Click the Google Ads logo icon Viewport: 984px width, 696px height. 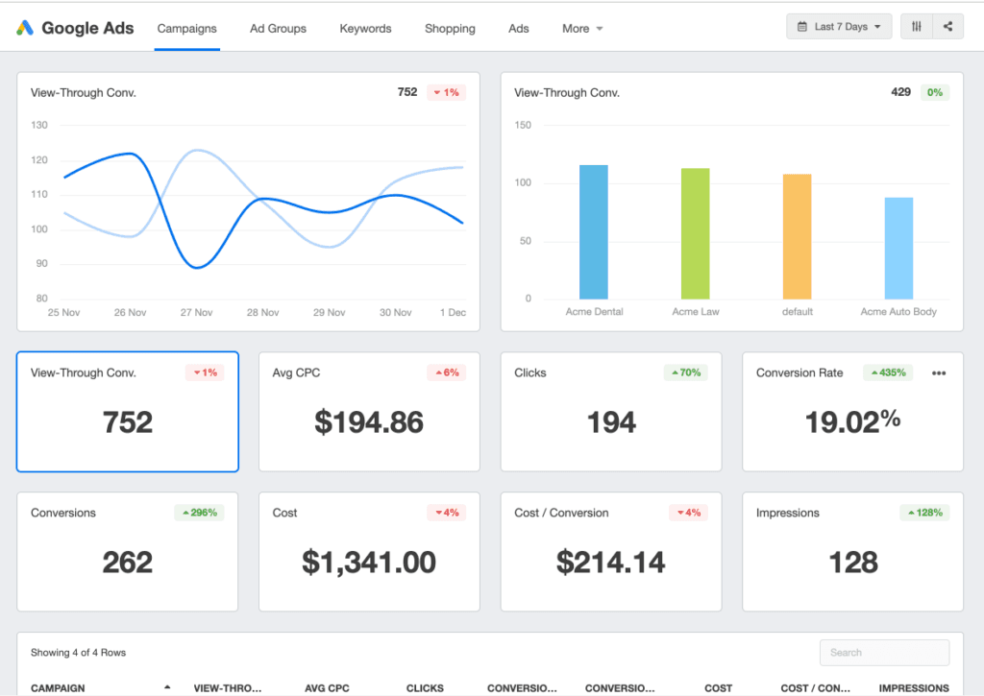tap(25, 28)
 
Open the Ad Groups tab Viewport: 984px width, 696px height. tap(278, 29)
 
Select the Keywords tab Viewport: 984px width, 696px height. tap(365, 29)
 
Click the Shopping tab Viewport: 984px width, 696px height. tap(450, 29)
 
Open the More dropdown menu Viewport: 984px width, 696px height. tap(582, 29)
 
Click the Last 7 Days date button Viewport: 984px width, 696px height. tap(838, 27)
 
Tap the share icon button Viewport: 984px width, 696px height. tap(947, 27)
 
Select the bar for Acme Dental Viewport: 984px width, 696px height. tap(594, 232)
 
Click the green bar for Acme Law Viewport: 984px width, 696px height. tap(696, 233)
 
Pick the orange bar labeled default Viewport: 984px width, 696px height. tap(798, 236)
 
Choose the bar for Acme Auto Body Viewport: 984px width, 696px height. tap(898, 249)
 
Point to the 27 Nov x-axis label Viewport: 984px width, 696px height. tap(196, 313)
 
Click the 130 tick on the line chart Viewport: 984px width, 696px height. tap(39, 125)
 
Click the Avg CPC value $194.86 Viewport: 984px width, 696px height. tap(369, 422)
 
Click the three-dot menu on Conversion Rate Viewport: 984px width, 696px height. tap(939, 373)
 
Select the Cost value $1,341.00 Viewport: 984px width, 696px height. tap(369, 563)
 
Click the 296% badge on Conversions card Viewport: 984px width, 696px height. tap(199, 513)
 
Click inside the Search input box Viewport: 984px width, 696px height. tap(884, 653)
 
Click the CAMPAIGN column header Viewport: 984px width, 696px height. tap(59, 688)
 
